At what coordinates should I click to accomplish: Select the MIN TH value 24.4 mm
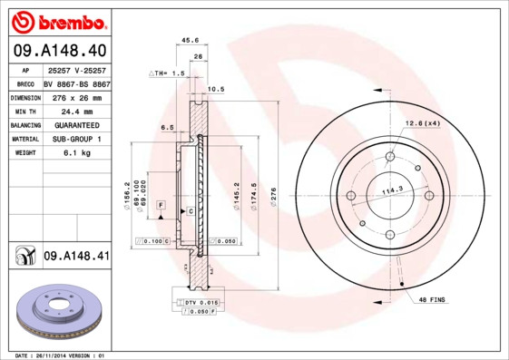76,111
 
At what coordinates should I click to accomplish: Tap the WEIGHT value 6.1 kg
76,153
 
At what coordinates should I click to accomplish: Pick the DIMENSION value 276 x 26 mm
76,97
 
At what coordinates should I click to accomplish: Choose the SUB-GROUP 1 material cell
76,139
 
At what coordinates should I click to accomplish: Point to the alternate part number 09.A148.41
75,257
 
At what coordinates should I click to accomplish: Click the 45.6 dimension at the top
191,40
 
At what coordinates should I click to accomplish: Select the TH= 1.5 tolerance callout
169,73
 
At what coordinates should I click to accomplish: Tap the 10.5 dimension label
216,89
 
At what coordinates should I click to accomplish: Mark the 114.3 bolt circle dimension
392,190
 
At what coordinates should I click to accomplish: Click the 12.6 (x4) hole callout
423,122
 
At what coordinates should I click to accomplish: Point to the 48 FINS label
434,298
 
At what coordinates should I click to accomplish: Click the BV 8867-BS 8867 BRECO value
76,83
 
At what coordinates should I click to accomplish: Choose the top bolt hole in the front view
390,156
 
